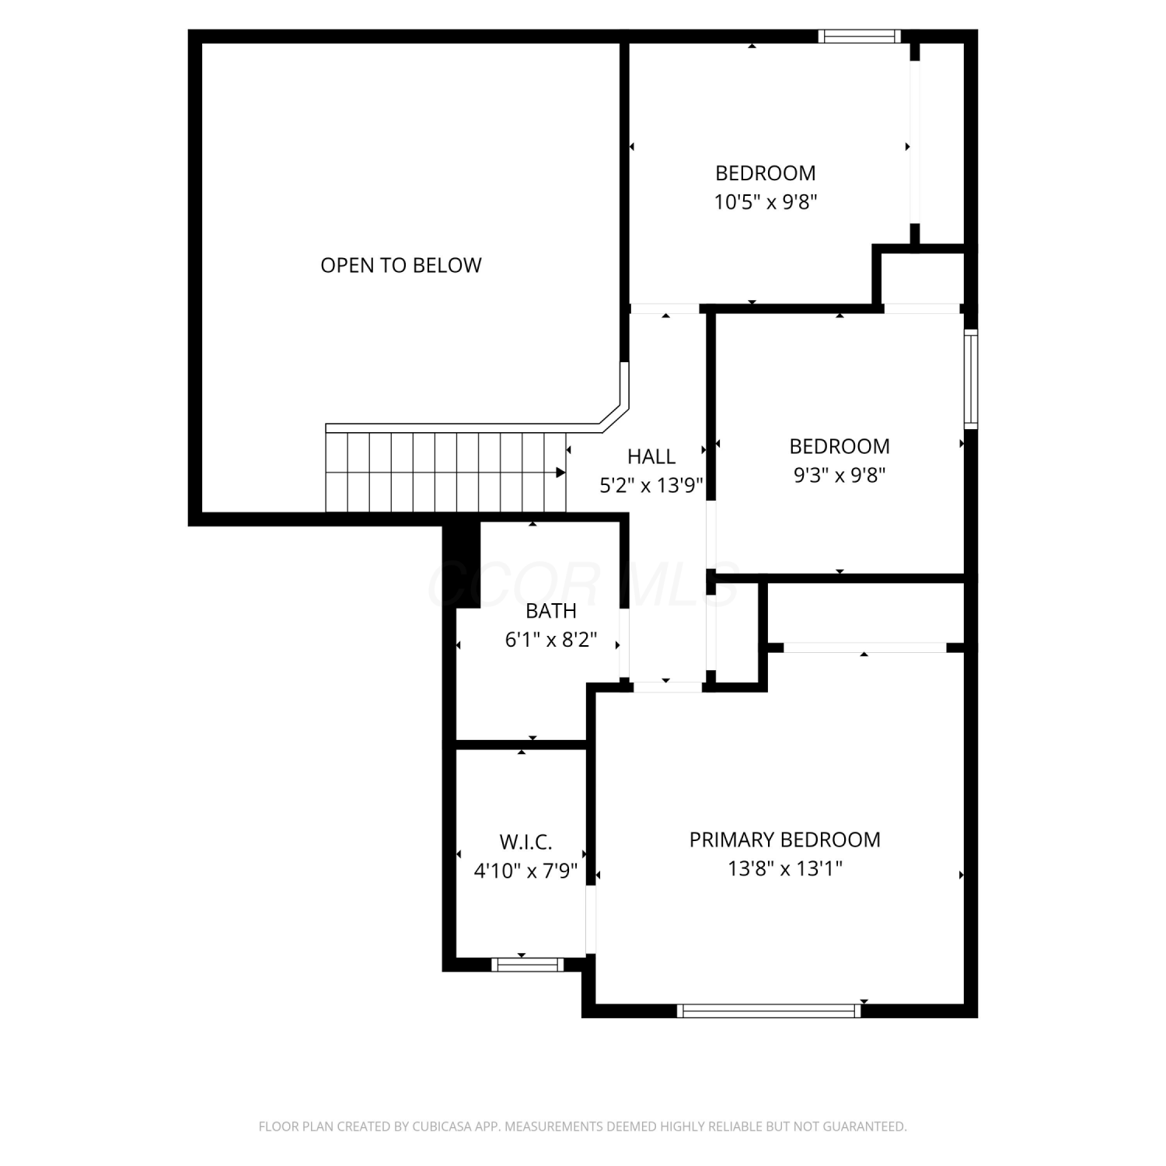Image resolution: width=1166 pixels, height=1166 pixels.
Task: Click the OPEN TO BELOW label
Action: click(x=401, y=265)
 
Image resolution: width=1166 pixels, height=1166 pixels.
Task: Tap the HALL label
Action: click(x=651, y=456)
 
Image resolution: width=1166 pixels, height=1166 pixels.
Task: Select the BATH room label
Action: click(x=551, y=611)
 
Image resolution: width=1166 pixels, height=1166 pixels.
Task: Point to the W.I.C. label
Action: click(x=525, y=842)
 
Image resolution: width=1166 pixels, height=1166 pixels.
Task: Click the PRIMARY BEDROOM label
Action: click(x=785, y=840)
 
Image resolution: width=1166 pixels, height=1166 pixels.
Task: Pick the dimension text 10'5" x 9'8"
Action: click(x=766, y=202)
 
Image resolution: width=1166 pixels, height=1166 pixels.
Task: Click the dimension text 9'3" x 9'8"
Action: click(x=840, y=475)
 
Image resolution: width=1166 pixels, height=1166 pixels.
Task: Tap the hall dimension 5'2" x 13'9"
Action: click(x=651, y=486)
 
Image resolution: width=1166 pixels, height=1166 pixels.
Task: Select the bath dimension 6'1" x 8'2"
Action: click(x=551, y=640)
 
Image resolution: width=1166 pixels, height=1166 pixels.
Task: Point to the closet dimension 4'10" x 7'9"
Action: click(x=525, y=871)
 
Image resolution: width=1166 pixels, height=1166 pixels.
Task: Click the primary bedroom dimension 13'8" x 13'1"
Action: click(x=785, y=868)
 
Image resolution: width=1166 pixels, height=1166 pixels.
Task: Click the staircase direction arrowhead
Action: click(x=560, y=472)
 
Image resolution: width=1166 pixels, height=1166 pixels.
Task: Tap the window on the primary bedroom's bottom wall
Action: click(x=769, y=1011)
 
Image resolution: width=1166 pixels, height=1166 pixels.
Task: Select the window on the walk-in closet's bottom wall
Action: click(x=527, y=965)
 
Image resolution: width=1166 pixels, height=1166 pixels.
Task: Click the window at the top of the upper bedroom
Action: click(x=860, y=36)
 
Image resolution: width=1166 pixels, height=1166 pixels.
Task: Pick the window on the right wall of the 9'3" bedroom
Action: click(x=971, y=379)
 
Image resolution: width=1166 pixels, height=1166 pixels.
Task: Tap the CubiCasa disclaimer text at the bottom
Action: click(x=583, y=1126)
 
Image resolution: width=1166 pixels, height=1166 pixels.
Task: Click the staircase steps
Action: click(x=445, y=473)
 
